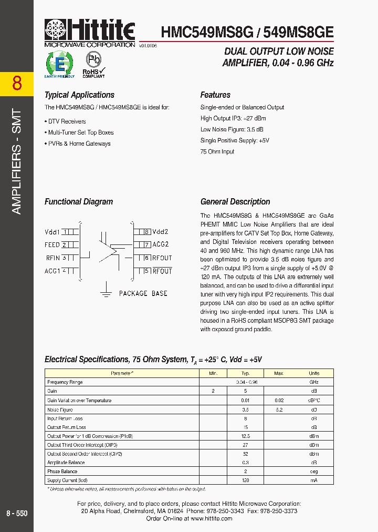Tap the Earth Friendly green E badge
59,65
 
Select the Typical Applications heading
79,95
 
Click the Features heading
215,95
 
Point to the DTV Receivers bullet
66,121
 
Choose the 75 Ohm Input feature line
217,151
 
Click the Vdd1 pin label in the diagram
52,231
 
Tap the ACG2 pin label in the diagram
161,244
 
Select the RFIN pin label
53,258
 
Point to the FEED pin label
52,245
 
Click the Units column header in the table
313,373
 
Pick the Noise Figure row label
60,410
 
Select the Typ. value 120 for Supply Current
245,480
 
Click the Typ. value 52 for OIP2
245,454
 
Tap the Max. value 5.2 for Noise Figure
279,410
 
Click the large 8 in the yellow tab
17,84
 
